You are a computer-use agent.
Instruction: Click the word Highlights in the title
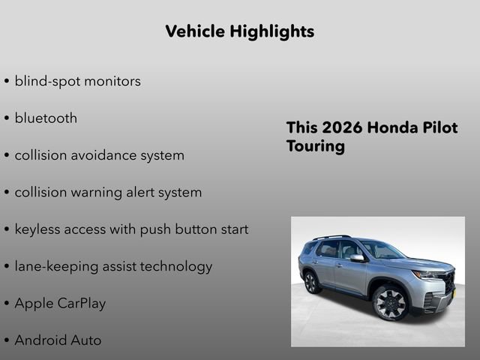point(272,31)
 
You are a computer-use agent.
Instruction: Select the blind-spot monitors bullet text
point(77,81)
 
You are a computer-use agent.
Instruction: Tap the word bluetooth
point(46,118)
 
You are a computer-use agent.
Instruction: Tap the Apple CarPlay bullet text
point(60,304)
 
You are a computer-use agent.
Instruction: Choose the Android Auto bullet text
point(58,340)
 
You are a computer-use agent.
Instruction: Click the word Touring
point(315,146)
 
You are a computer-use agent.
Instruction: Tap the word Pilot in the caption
point(439,127)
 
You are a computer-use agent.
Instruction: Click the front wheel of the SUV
point(390,301)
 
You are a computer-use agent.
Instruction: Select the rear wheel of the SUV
point(310,282)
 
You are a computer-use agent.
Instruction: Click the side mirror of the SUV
point(357,258)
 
